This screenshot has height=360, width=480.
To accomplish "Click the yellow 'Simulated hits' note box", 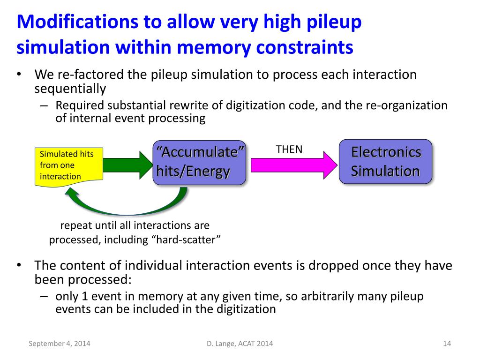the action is (68, 165).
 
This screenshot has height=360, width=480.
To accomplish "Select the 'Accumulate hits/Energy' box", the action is (200, 162).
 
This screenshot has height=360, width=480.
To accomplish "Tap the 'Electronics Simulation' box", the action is (385, 161).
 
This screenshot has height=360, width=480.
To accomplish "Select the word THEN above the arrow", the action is (289, 150).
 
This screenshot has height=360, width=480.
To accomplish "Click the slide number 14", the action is (447, 344).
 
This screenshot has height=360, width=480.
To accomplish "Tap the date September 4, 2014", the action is (60, 344).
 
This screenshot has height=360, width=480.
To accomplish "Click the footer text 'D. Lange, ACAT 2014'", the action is (240, 344).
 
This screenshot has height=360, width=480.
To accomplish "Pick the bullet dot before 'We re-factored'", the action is (19, 75).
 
